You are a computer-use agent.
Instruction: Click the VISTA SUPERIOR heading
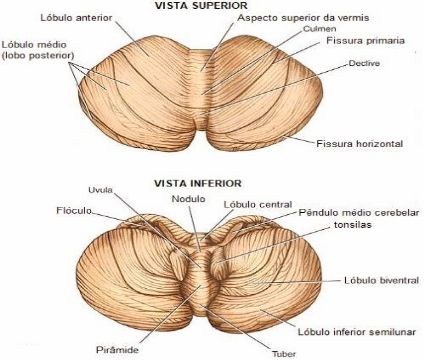pyautogui.click(x=201, y=5)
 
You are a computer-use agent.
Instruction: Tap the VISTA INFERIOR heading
pyautogui.click(x=198, y=183)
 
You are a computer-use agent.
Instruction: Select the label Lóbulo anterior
pyautogui.click(x=76, y=18)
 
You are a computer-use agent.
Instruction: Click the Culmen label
pyautogui.click(x=319, y=29)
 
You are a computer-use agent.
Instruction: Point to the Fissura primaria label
pyautogui.click(x=365, y=41)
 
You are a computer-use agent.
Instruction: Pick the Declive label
pyautogui.click(x=364, y=63)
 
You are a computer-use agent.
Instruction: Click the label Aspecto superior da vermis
pyautogui.click(x=303, y=18)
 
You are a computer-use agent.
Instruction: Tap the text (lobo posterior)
pyautogui.click(x=38, y=55)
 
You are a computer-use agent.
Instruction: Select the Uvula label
pyautogui.click(x=100, y=190)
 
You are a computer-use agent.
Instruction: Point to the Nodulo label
pyautogui.click(x=189, y=199)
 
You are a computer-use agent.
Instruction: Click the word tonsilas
pyautogui.click(x=352, y=225)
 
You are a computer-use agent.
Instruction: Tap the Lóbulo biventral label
pyautogui.click(x=381, y=280)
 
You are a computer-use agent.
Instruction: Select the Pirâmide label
pyautogui.click(x=117, y=350)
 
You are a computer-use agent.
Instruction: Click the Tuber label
pyautogui.click(x=284, y=354)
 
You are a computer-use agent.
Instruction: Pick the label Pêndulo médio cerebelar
pyautogui.click(x=359, y=212)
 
